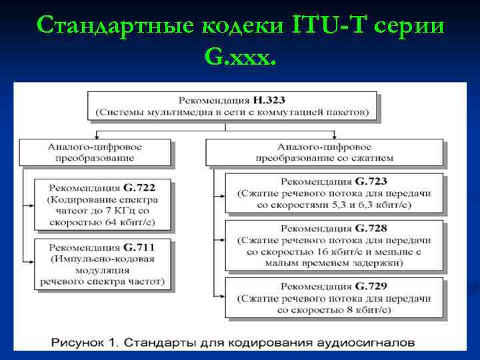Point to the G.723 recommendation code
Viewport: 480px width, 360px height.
coord(371,181)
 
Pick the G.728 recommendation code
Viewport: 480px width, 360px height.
coord(371,228)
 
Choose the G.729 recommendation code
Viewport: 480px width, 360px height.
coord(371,287)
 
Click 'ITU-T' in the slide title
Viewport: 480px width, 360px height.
coord(327,25)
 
